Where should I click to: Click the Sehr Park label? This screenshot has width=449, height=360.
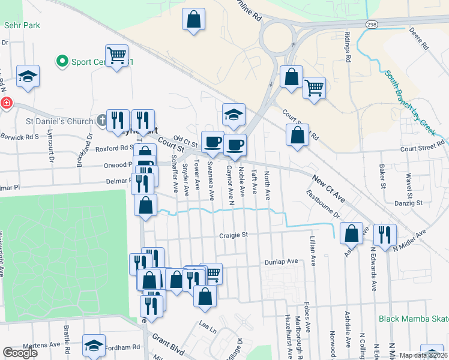point(21,26)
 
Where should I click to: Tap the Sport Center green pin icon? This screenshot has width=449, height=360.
point(61,61)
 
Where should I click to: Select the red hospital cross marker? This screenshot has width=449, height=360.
point(6,103)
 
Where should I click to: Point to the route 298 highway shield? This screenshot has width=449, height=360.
point(372,23)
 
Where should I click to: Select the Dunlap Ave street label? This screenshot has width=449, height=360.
point(281,262)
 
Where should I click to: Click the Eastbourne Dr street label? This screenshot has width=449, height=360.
point(323,205)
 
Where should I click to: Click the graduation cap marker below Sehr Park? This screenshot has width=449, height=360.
point(28,76)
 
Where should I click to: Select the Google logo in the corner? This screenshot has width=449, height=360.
point(20,353)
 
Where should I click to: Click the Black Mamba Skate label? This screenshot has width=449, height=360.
point(414,319)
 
